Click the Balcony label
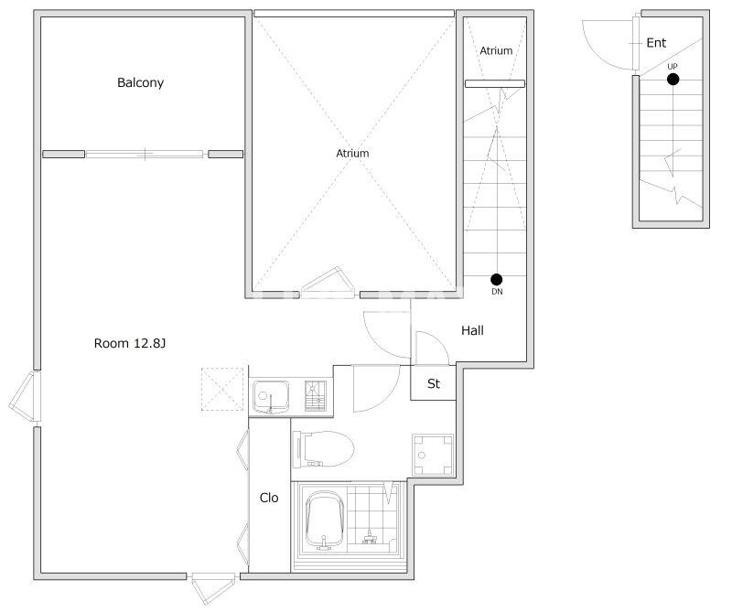[x=141, y=82]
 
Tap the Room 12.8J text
[x=130, y=344]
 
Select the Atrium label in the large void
[x=352, y=153]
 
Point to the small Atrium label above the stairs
[x=496, y=50]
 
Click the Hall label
[x=472, y=330]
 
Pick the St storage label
[x=434, y=383]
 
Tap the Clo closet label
[x=269, y=498]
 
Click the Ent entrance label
[x=656, y=43]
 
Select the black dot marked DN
[x=497, y=280]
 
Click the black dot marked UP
[x=673, y=80]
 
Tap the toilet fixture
[x=323, y=449]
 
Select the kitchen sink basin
[x=271, y=397]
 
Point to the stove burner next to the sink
[x=316, y=396]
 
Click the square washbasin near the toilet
[x=433, y=456]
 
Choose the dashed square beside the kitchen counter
[x=222, y=390]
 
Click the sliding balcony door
[x=145, y=154]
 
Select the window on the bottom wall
[x=213, y=587]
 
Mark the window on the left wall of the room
[x=25, y=397]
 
